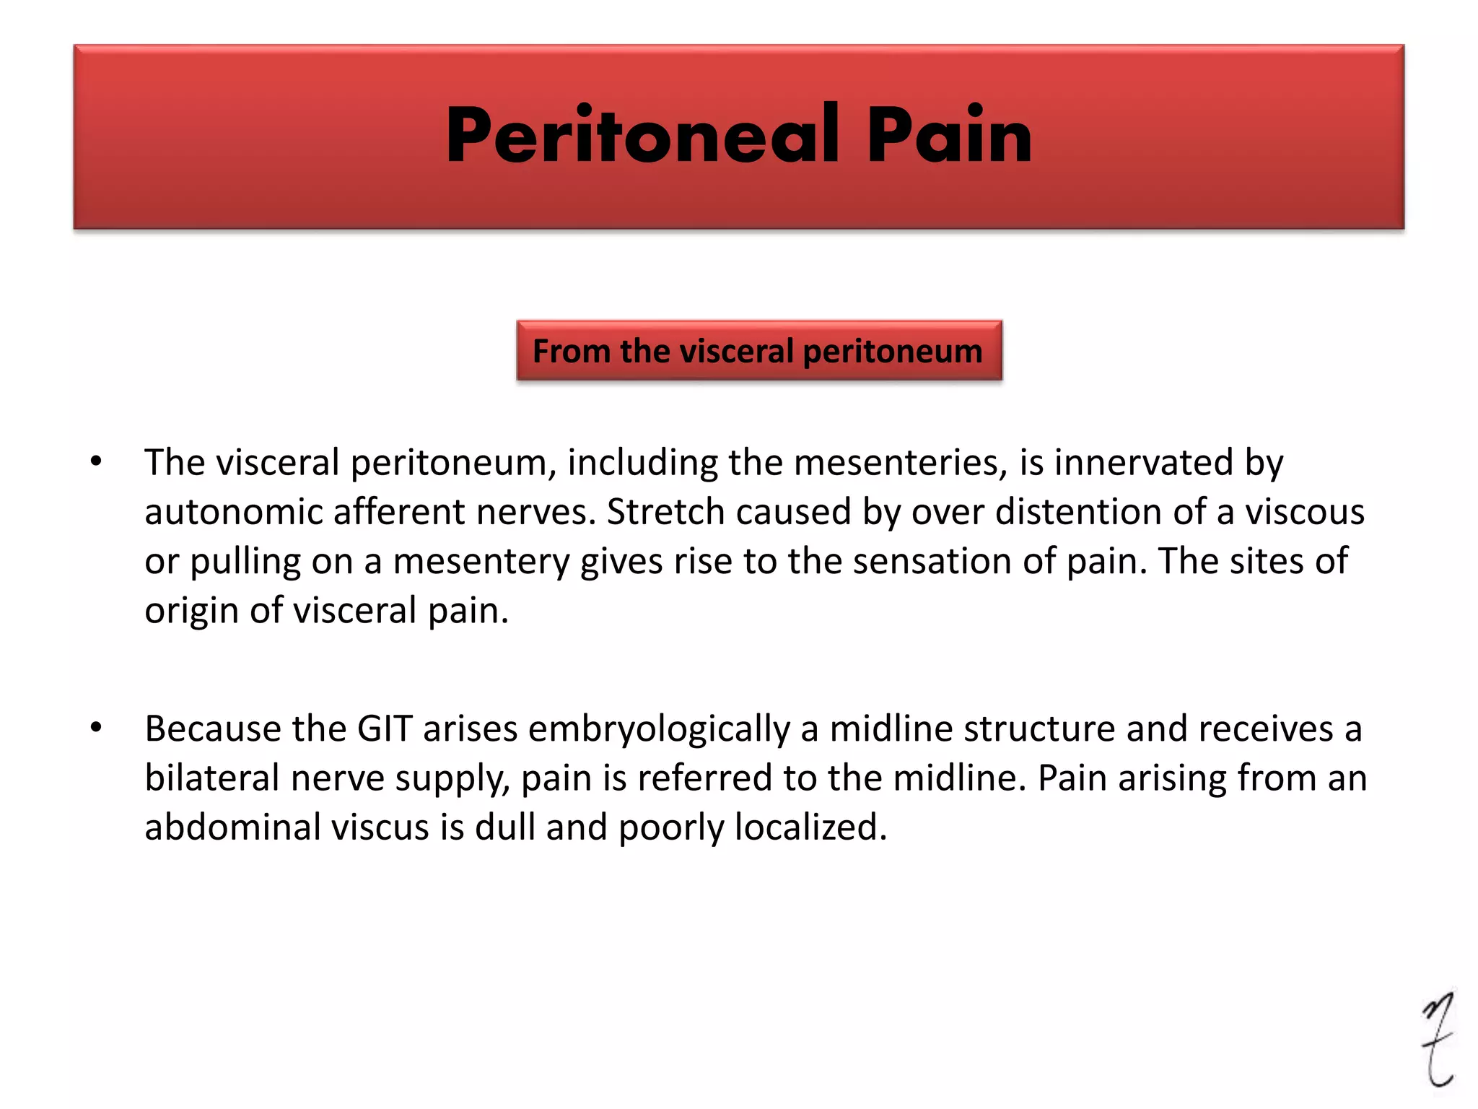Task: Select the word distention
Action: tap(1078, 512)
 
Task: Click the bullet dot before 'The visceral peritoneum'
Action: tap(96, 461)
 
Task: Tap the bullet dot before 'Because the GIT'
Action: tap(96, 728)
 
